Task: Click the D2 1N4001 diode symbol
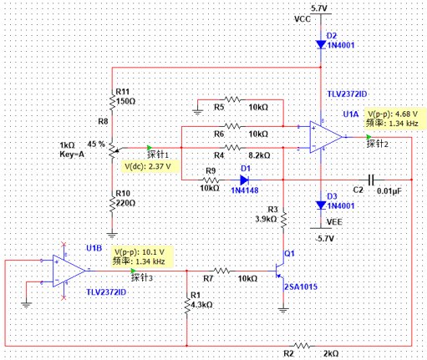(x=321, y=44)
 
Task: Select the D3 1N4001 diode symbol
(x=321, y=205)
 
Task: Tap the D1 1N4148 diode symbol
(x=244, y=180)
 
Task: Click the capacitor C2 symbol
(x=371, y=180)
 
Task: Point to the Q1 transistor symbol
(x=279, y=271)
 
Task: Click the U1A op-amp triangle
(x=326, y=137)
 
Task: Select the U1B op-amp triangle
(x=69, y=271)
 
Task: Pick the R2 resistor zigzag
(x=302, y=346)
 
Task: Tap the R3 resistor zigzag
(x=283, y=221)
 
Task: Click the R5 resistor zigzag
(x=232, y=99)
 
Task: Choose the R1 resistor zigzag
(x=186, y=304)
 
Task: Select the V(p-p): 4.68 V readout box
(x=395, y=119)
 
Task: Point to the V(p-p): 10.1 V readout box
(x=142, y=256)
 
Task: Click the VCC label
(x=302, y=19)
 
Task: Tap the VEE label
(x=334, y=222)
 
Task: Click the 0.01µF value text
(x=389, y=191)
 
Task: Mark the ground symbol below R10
(x=112, y=235)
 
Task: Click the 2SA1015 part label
(x=301, y=286)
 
